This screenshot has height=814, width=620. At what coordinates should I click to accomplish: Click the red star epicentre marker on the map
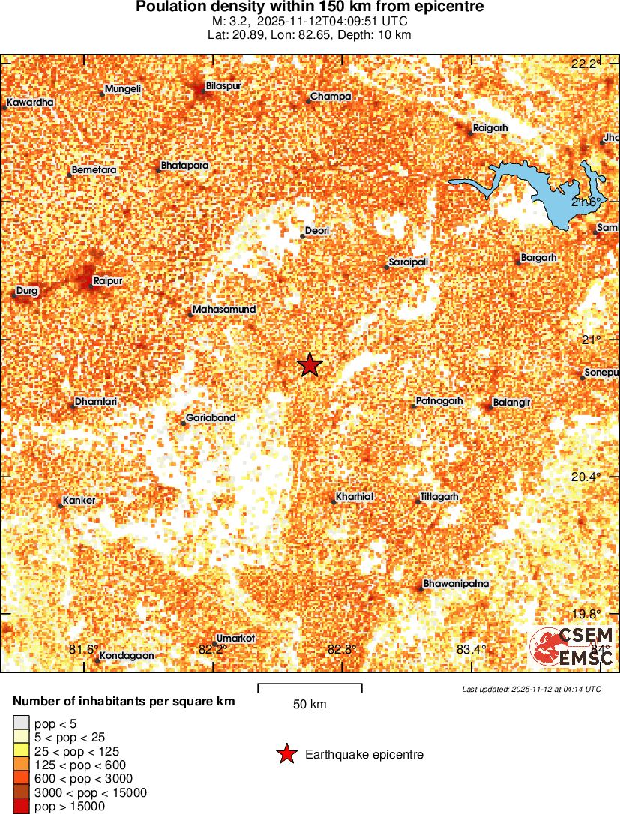click(310, 365)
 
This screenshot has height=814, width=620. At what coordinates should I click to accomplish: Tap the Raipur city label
click(107, 281)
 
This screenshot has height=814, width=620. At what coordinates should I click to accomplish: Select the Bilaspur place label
click(223, 86)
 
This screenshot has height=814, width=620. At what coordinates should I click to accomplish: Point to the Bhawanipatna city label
click(456, 582)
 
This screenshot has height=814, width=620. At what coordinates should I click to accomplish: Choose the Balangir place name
click(511, 403)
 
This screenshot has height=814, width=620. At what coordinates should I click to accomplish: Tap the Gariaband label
click(211, 418)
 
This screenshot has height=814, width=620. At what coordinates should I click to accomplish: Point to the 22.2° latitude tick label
click(586, 64)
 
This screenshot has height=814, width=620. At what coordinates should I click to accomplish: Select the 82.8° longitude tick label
click(342, 649)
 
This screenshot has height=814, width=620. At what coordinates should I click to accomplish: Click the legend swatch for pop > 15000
click(21, 807)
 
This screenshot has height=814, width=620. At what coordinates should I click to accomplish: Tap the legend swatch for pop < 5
click(21, 723)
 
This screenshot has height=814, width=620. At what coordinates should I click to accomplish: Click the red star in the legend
click(286, 754)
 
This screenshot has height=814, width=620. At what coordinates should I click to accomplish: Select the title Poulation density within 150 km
click(310, 7)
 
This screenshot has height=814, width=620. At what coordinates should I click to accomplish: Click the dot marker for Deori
click(302, 236)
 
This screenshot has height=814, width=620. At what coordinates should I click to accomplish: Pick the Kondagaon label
click(127, 655)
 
